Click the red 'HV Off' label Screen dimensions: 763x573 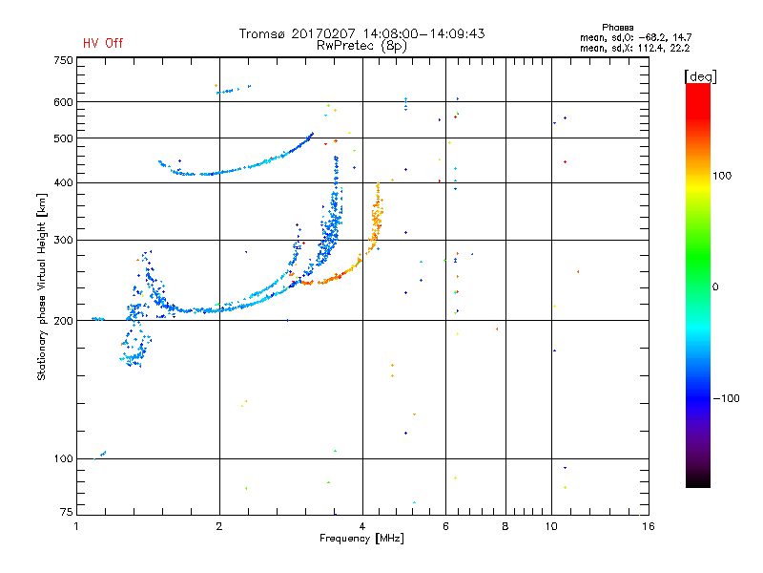coord(103,43)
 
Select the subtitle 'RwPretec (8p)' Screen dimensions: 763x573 coord(361,46)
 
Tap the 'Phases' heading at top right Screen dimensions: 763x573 coord(617,28)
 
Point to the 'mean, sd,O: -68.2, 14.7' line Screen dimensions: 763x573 coord(635,37)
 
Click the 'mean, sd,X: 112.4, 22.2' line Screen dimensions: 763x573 coord(634,48)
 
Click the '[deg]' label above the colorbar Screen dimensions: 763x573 coord(700,76)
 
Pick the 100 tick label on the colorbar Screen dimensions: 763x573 coord(722,176)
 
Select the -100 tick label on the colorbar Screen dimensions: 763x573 coord(726,398)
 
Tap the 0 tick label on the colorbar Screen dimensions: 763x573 coord(715,286)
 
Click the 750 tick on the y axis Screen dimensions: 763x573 coord(63,60)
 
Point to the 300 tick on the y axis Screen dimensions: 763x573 coord(63,240)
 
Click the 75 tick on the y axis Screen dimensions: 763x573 coord(67,512)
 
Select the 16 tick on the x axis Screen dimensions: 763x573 coord(649,526)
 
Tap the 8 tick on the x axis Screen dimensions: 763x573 coord(505,526)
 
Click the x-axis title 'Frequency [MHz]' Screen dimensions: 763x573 coord(361,539)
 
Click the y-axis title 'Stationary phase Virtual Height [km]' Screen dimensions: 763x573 coord(42,286)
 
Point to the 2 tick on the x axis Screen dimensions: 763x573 coord(219,526)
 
